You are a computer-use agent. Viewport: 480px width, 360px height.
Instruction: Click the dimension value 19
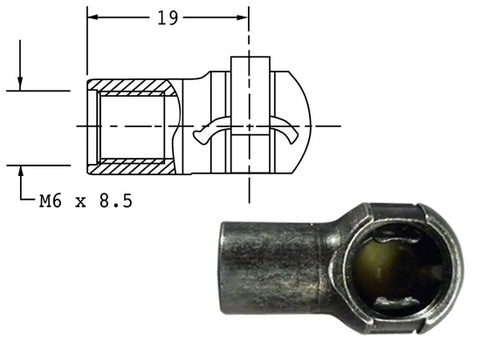(168, 18)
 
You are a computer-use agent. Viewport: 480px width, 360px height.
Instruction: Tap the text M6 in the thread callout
(50, 201)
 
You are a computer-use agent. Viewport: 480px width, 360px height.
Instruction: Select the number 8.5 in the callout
(116, 201)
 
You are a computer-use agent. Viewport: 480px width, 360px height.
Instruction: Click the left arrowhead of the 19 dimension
(93, 17)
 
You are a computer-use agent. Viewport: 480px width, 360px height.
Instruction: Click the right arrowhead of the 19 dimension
(243, 17)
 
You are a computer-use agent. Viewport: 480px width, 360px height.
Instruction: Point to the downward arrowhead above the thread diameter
(20, 84)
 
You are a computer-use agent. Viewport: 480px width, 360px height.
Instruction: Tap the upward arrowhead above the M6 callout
(21, 172)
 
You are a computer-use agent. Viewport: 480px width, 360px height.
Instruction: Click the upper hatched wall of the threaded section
(132, 87)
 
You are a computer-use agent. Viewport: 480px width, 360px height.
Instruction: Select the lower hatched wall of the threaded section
(132, 166)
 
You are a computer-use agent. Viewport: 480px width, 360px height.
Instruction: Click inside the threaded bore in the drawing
(132, 127)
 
